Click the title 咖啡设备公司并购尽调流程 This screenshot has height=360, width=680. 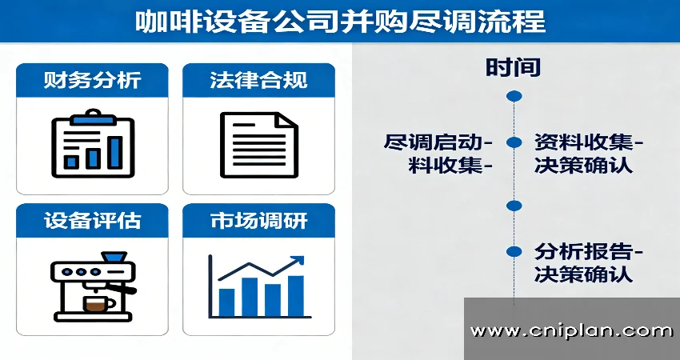pyautogui.click(x=340, y=22)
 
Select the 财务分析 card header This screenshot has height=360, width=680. pyautogui.click(x=92, y=80)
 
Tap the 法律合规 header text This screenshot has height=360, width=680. pyautogui.click(x=258, y=80)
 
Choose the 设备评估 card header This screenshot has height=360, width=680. pyautogui.click(x=92, y=220)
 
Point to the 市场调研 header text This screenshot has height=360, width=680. pyautogui.click(x=259, y=220)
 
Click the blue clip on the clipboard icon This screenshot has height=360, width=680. pyautogui.click(x=92, y=117)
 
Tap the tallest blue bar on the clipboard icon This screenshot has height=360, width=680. pyautogui.click(x=115, y=152)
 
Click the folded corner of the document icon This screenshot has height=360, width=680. pyautogui.click(x=287, y=120)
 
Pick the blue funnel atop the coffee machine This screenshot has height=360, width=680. pyautogui.click(x=114, y=258)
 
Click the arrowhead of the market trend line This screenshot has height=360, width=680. pyautogui.click(x=298, y=261)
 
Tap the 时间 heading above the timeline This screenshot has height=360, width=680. pyautogui.click(x=513, y=68)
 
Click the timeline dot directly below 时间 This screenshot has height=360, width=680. pyautogui.click(x=514, y=96)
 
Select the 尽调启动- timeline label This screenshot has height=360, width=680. pyautogui.click(x=438, y=142)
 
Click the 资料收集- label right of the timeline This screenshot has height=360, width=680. pyautogui.click(x=589, y=142)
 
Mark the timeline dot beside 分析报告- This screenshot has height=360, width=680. pyautogui.click(x=514, y=251)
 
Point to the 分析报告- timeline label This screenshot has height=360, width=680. pyautogui.click(x=589, y=252)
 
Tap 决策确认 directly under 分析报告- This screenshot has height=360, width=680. pyautogui.click(x=583, y=274)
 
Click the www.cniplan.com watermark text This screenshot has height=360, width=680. pyautogui.click(x=571, y=331)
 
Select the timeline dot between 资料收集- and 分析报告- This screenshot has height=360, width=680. pyautogui.click(x=514, y=206)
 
